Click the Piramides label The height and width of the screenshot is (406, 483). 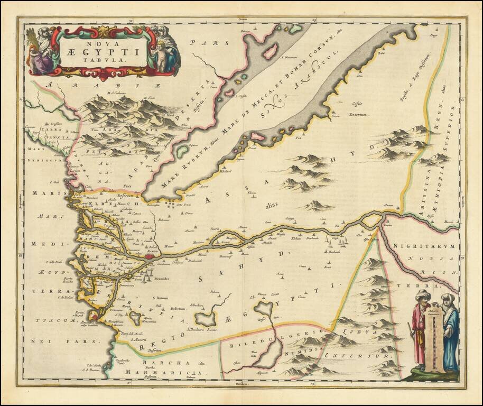pyautogui.click(x=160, y=276)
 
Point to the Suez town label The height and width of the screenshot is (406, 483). pyautogui.click(x=127, y=186)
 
